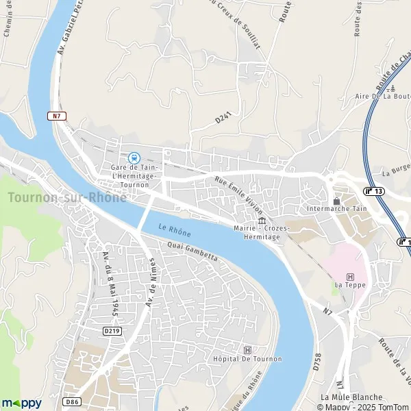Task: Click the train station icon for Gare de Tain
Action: (x=134, y=158)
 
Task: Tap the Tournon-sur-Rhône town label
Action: (x=67, y=197)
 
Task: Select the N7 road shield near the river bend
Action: (x=58, y=116)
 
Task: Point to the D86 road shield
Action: (x=74, y=401)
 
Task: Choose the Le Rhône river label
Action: (x=174, y=230)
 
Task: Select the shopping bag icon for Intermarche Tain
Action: (x=336, y=200)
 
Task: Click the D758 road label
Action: (x=316, y=362)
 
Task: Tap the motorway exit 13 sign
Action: (x=374, y=191)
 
